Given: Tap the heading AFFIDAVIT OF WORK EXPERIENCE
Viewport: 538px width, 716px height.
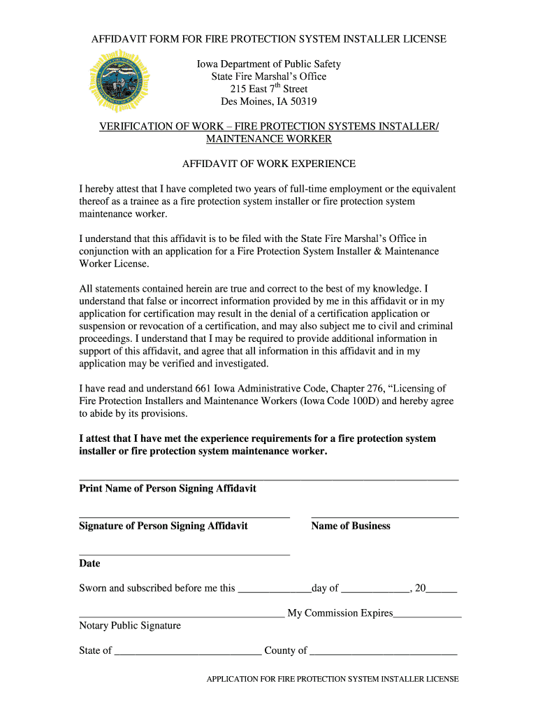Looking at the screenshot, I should click(269, 164).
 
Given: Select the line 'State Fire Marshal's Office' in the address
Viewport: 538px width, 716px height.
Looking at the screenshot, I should click(269, 76).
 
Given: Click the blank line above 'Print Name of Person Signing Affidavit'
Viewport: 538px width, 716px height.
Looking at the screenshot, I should click(269, 479).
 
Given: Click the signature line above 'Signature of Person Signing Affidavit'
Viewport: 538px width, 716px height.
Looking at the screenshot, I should click(184, 517).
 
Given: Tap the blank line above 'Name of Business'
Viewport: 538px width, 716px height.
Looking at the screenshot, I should click(385, 517).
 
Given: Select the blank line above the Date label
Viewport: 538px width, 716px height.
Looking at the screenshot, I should click(184, 554).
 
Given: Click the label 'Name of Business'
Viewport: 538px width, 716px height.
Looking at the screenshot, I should click(351, 526).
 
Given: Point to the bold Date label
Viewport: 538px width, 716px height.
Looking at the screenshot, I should click(89, 564).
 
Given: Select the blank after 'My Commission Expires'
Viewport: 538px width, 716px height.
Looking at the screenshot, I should click(428, 616).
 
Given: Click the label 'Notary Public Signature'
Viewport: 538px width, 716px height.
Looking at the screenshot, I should click(130, 626).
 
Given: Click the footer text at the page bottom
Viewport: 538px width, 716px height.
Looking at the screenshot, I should click(333, 679).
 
